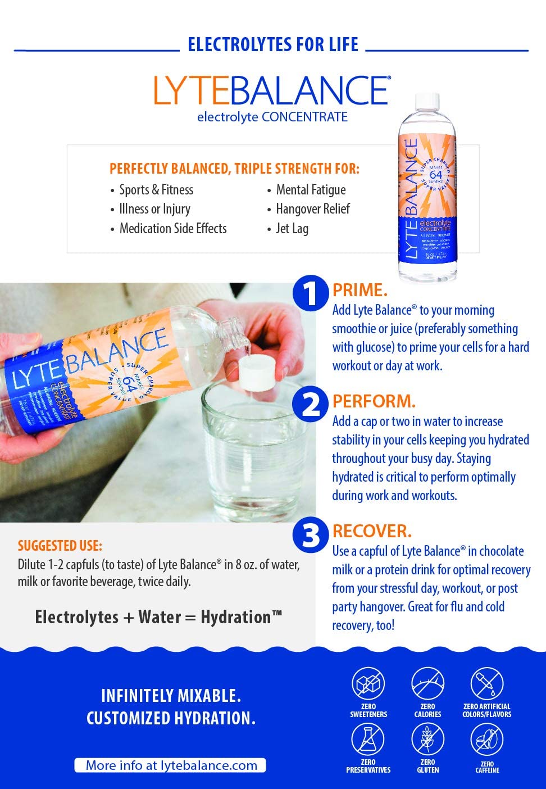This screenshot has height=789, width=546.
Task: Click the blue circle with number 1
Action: [x=310, y=292]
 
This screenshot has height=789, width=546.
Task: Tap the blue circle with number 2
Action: [x=310, y=404]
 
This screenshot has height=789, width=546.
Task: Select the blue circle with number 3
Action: [x=310, y=534]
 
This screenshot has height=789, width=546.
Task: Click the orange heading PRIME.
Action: [x=360, y=291]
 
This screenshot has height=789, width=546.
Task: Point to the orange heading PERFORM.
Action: [x=374, y=401]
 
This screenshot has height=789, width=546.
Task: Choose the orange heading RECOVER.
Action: [x=372, y=531]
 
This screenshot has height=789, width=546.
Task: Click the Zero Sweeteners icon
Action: [x=368, y=684]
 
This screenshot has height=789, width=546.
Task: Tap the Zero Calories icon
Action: [x=427, y=684]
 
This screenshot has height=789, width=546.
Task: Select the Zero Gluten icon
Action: [x=427, y=739]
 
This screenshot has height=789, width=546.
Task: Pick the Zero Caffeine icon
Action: [x=486, y=740]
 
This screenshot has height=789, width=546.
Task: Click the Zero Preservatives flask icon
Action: [x=368, y=739]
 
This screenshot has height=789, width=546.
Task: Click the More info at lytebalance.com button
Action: [x=170, y=765]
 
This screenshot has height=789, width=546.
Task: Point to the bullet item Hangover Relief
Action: [x=312, y=209]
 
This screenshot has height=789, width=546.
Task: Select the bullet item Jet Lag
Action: [x=292, y=229]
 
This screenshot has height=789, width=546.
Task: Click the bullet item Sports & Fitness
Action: [x=156, y=190]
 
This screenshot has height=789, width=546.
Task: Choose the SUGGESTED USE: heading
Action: [x=60, y=546]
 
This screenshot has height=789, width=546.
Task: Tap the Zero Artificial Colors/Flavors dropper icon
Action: [x=486, y=684]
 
